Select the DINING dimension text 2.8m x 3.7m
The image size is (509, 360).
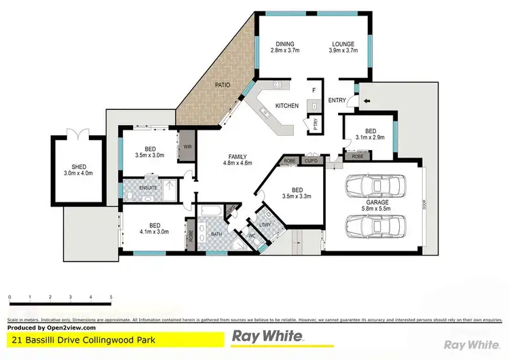pos(286,51)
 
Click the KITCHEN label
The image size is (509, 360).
pos(287,105)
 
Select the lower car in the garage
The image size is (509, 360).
pos(375,225)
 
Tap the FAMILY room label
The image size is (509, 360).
pos(237,156)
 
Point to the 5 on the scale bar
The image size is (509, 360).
pos(111,298)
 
